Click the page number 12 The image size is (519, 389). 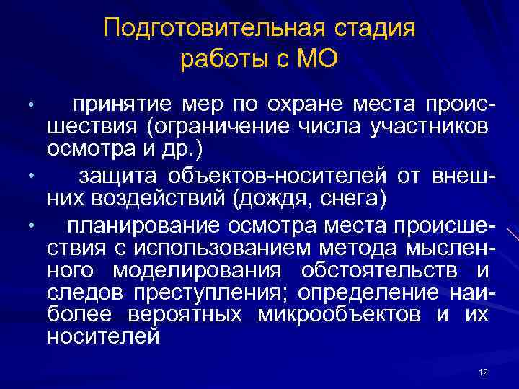pos(483,372)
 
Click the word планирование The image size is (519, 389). pos(144,226)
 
